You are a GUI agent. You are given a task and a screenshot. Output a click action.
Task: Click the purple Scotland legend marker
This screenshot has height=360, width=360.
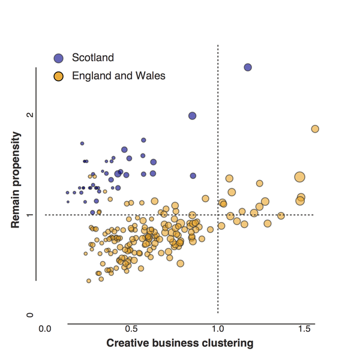point(58,58)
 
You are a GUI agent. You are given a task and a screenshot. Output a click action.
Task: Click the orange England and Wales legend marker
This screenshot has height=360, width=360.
point(58,76)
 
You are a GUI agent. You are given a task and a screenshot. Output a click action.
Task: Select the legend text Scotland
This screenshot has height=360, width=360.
point(92,58)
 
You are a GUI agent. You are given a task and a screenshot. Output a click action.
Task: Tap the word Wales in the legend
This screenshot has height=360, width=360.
point(152,76)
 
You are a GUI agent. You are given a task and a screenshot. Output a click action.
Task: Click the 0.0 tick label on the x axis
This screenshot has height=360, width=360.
point(44,329)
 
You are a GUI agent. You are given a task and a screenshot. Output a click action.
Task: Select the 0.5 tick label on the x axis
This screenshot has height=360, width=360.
point(131,329)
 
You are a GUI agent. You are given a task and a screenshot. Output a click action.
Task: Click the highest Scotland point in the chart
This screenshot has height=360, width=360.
point(247,67)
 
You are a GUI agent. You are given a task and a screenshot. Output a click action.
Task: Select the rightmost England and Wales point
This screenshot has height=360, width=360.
point(315,129)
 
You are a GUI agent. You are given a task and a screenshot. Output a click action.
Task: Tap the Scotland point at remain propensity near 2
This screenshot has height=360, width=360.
point(193,116)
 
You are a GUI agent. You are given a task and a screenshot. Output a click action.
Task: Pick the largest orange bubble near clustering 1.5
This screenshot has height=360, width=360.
point(300,176)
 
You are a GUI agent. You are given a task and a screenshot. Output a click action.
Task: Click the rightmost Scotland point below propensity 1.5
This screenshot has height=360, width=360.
point(193,176)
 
